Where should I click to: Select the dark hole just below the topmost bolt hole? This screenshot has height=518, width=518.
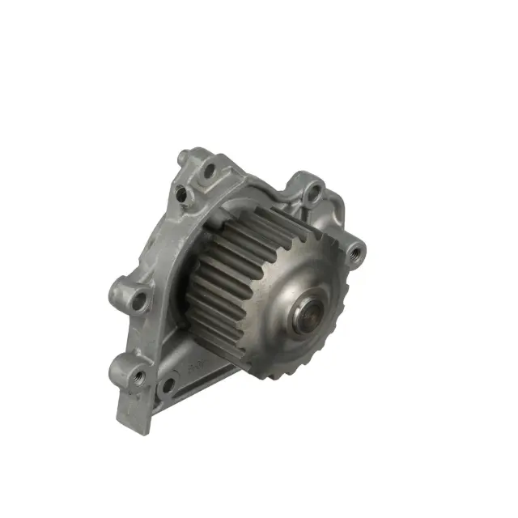tap(184, 194)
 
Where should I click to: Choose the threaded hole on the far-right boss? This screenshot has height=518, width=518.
tap(355, 253)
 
